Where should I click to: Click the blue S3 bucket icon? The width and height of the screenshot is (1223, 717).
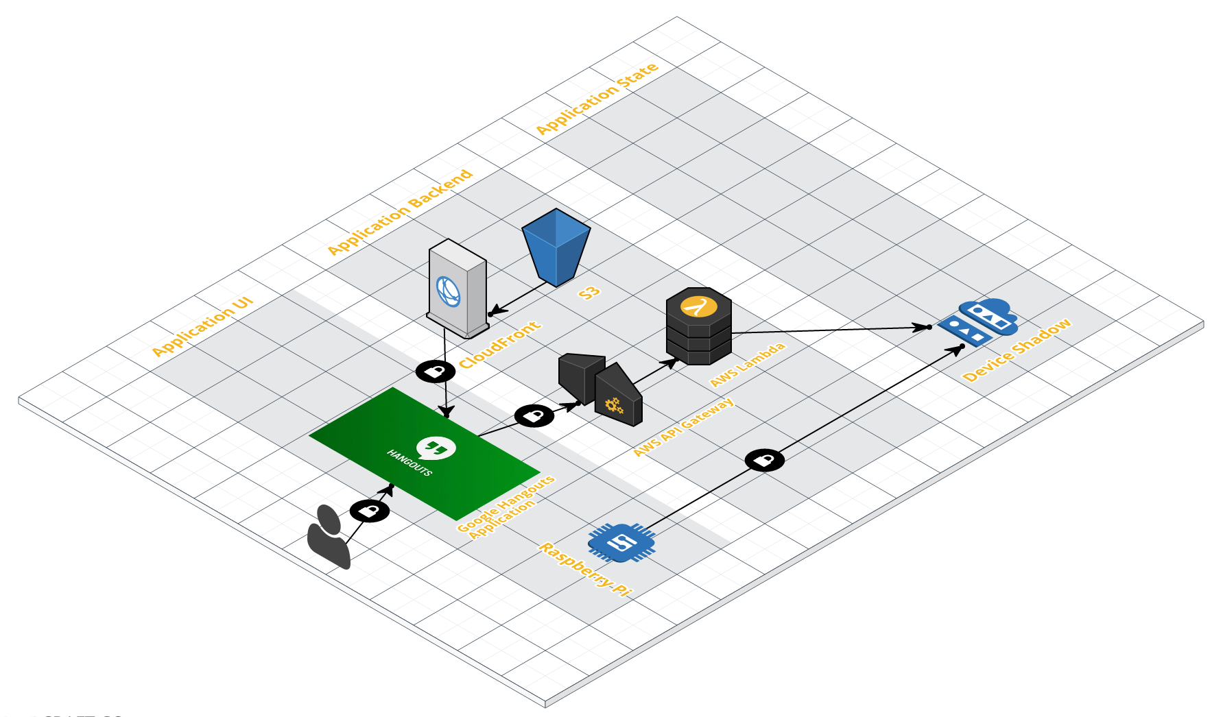[x=556, y=247]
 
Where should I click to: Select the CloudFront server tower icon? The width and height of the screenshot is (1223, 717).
[x=458, y=289]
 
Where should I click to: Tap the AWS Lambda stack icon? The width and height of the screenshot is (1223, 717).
[x=699, y=326]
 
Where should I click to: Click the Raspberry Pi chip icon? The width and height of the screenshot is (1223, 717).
[x=621, y=542]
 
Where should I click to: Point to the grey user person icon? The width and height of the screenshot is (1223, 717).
[x=329, y=537]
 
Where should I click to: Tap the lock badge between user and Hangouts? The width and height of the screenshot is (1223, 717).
[x=370, y=511]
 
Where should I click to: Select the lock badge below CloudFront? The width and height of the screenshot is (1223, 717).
[x=436, y=372]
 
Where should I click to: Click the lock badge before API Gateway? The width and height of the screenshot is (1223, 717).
[x=534, y=415]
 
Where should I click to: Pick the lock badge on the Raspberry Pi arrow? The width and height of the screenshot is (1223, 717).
[x=765, y=460]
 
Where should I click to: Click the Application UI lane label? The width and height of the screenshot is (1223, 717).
[x=202, y=326]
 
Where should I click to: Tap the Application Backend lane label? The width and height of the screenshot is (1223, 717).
[x=400, y=212]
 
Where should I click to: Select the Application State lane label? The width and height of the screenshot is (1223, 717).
[x=597, y=99]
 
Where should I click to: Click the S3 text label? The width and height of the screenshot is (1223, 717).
[x=589, y=293]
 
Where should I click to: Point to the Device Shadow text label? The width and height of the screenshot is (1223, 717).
[x=1017, y=350]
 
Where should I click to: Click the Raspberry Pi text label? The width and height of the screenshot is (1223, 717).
[x=585, y=568]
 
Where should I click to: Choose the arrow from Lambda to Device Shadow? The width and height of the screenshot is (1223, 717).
[x=830, y=330]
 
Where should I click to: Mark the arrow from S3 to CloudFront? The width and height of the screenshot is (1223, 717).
[x=521, y=298]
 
